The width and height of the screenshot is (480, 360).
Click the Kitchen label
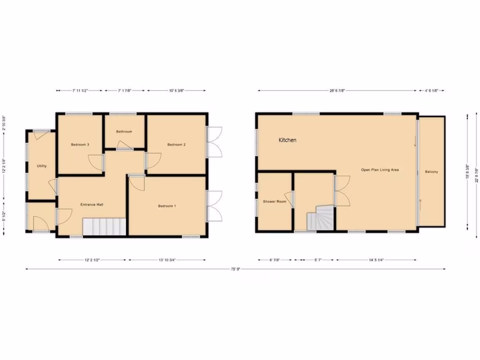(x=287, y=140)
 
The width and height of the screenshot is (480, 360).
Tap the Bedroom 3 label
(x=80, y=145)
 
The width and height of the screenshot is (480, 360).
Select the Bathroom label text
(x=124, y=132)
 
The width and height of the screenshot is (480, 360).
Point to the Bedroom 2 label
(x=177, y=145)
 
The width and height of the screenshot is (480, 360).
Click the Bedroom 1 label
(x=167, y=206)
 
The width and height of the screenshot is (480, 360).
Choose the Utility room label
(x=42, y=166)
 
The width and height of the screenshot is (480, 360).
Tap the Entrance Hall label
(x=92, y=204)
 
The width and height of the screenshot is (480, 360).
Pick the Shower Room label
(x=275, y=202)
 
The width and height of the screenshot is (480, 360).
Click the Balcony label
(x=431, y=172)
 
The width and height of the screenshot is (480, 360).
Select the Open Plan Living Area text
(x=380, y=170)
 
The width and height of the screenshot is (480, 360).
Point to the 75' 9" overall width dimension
(x=235, y=269)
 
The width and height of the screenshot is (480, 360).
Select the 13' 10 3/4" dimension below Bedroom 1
(x=167, y=260)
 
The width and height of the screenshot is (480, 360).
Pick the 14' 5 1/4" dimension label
(x=376, y=260)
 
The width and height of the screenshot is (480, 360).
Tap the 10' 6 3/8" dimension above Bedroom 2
(x=177, y=90)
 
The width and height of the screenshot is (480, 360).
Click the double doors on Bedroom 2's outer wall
(x=215, y=143)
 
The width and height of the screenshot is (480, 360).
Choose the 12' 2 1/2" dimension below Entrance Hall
(x=92, y=260)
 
